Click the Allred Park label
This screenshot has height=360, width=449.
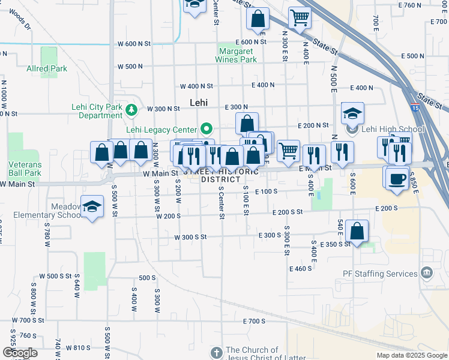[x=47, y=69]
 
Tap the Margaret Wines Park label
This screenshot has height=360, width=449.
[x=237, y=55]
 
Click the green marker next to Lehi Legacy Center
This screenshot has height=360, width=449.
[x=206, y=128]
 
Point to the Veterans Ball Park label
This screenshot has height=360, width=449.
[x=25, y=169]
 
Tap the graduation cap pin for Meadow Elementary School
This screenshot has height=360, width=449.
[x=91, y=208]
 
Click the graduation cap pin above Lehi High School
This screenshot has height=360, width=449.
[x=352, y=113]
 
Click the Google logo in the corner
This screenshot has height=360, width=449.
[x=19, y=353]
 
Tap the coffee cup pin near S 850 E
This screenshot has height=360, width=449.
[x=396, y=178]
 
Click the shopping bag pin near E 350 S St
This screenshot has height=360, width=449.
[x=357, y=231]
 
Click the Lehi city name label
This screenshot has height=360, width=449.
[x=198, y=103]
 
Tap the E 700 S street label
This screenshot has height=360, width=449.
[x=255, y=322]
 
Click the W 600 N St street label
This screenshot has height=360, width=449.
[x=134, y=44]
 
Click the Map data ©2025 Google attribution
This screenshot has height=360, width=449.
[x=411, y=355]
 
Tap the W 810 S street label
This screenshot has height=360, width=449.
[x=78, y=347]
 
